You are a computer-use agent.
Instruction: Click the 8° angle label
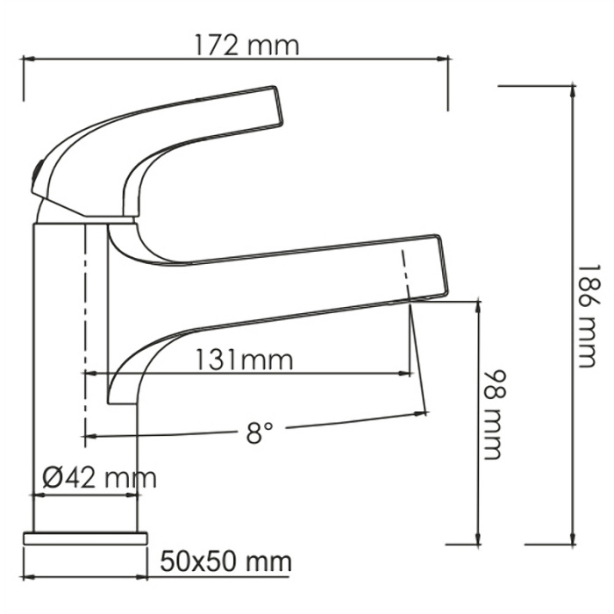pyautogui.click(x=260, y=432)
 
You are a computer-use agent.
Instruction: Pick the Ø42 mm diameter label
pyautogui.click(x=99, y=478)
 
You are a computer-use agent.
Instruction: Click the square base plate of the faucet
pyautogui.click(x=85, y=537)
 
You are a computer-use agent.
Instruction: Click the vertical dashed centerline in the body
pyautogui.click(x=84, y=333)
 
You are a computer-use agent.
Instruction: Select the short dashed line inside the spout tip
pyautogui.click(x=406, y=274)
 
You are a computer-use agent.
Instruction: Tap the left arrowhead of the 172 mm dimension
pyautogui.click(x=26, y=60)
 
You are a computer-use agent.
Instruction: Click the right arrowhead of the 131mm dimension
pyautogui.click(x=408, y=374)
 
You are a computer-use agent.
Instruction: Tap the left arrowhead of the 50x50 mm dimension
pyautogui.click(x=26, y=577)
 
